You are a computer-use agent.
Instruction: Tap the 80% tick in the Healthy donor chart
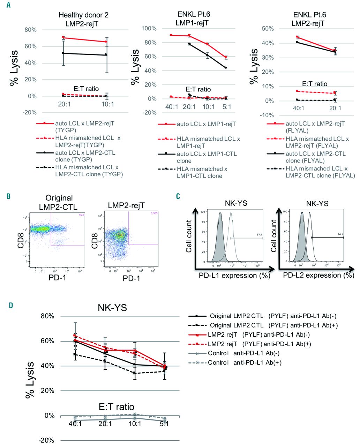(x=30, y=30)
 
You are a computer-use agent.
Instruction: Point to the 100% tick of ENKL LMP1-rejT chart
(x=149, y=28)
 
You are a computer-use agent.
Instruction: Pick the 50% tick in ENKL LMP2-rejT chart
(x=268, y=29)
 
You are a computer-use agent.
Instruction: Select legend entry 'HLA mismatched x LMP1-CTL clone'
(x=202, y=172)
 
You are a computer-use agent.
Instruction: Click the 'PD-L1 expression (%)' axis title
(x=234, y=276)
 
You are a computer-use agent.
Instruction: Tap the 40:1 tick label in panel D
(x=75, y=424)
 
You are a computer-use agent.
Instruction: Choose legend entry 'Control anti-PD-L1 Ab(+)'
(x=245, y=362)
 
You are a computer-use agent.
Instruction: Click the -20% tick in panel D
(x=46, y=440)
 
